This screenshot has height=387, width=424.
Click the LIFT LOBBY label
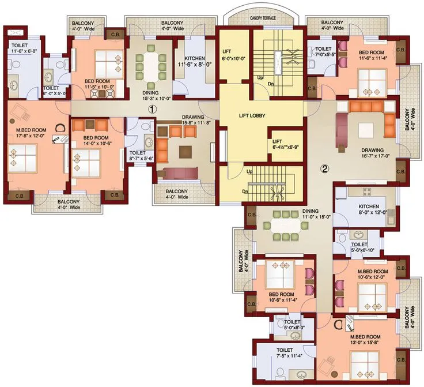pos(252,116)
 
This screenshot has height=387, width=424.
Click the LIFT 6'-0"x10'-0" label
pos(234,55)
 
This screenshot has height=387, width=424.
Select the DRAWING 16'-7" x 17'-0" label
pos(376,152)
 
